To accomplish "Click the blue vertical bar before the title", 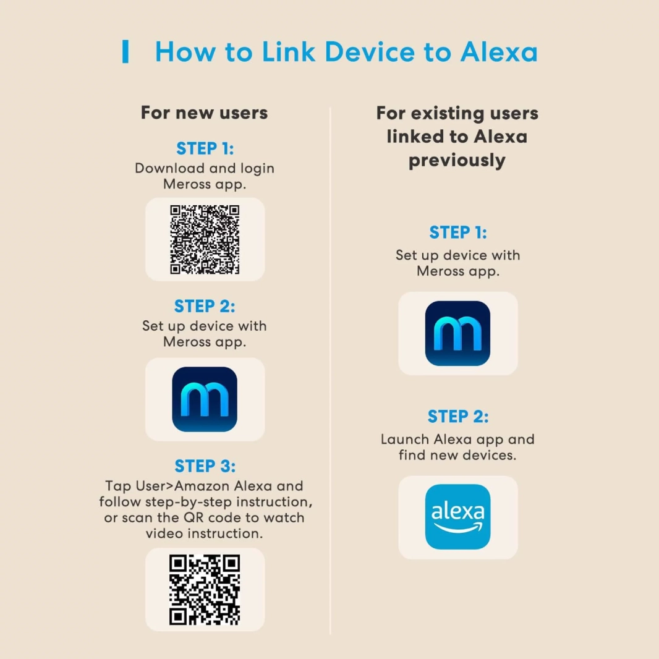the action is coord(125,51).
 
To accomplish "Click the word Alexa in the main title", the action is coord(499,52).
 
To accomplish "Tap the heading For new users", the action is coord(204,113).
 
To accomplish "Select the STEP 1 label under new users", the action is coord(205,148).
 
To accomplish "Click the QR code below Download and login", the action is coord(205,240).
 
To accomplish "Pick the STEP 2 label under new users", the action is coord(205,306).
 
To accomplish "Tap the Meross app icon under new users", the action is coord(205,399).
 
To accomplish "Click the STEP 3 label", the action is coord(205,466).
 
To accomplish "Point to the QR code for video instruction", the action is coord(205,590).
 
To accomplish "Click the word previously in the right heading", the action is coord(457,161).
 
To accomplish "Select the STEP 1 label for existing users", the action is coord(458,232).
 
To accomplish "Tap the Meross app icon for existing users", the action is coord(457,333).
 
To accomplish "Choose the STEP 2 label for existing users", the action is coord(458,417).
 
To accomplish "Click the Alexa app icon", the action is coord(457,517).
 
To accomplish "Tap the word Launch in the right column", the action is coord(405,439).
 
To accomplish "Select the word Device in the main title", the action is coord(370,52).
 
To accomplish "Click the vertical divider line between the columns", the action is coord(330,371).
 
